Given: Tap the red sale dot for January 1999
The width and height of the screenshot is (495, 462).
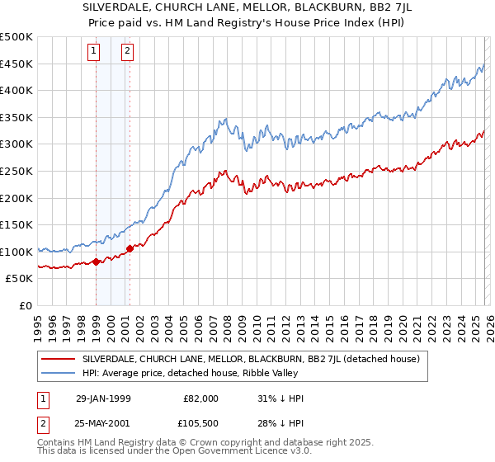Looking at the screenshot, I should [97, 262].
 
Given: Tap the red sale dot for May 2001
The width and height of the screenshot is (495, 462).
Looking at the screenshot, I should [130, 248].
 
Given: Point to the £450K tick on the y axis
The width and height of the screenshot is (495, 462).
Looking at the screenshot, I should [16, 64].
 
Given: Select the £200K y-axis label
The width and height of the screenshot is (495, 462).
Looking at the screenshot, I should [16, 198].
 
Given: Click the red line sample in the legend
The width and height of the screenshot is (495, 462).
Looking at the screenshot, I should [58, 359].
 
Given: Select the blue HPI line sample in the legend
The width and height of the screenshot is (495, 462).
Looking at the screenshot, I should [58, 374].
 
